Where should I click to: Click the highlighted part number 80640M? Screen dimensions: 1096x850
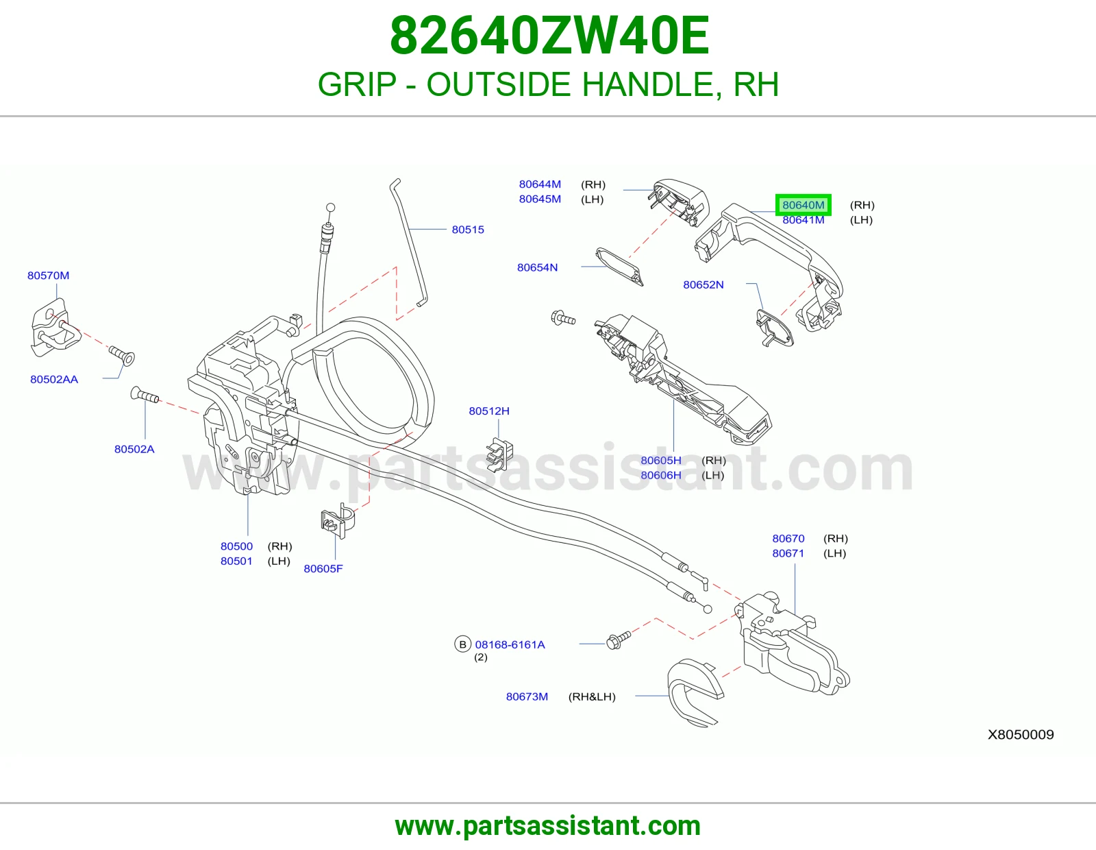click(803, 205)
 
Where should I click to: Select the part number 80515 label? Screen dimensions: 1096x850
click(468, 230)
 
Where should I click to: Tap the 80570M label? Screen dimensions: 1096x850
click(49, 276)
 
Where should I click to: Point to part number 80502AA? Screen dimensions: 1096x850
click(54, 380)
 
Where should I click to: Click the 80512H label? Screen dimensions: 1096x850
click(488, 411)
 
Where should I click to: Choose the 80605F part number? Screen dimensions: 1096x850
click(323, 569)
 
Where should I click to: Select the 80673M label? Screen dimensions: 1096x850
click(527, 696)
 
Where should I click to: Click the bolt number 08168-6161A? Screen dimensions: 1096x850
click(510, 644)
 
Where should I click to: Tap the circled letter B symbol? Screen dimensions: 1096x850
click(462, 644)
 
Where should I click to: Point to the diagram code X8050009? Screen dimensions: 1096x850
click(1021, 734)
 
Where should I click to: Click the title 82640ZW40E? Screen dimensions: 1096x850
click(549, 36)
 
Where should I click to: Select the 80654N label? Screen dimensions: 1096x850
click(537, 267)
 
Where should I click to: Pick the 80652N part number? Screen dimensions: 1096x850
click(703, 284)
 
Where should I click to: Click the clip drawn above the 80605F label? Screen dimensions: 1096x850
click(338, 521)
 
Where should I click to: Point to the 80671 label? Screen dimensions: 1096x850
click(788, 553)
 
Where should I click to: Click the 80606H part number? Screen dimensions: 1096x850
click(661, 475)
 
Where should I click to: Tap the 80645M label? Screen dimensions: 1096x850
click(540, 199)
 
